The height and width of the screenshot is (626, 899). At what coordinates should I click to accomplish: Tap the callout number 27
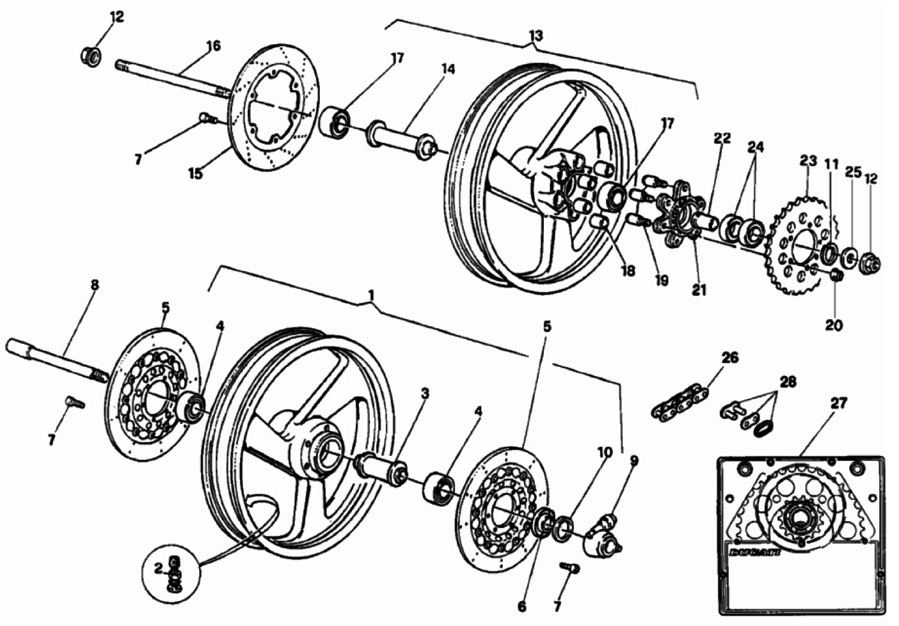[838, 403]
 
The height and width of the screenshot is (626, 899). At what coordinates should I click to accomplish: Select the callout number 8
[94, 285]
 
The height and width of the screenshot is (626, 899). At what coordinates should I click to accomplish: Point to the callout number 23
[808, 160]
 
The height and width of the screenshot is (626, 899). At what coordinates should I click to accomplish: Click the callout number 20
[834, 325]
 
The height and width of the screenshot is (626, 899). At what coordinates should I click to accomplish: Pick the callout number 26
[730, 357]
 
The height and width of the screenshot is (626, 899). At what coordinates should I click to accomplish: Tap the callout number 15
[195, 173]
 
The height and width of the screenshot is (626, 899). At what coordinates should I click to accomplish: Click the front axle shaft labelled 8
[58, 361]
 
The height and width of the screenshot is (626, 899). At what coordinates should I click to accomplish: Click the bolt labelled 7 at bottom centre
[569, 568]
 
